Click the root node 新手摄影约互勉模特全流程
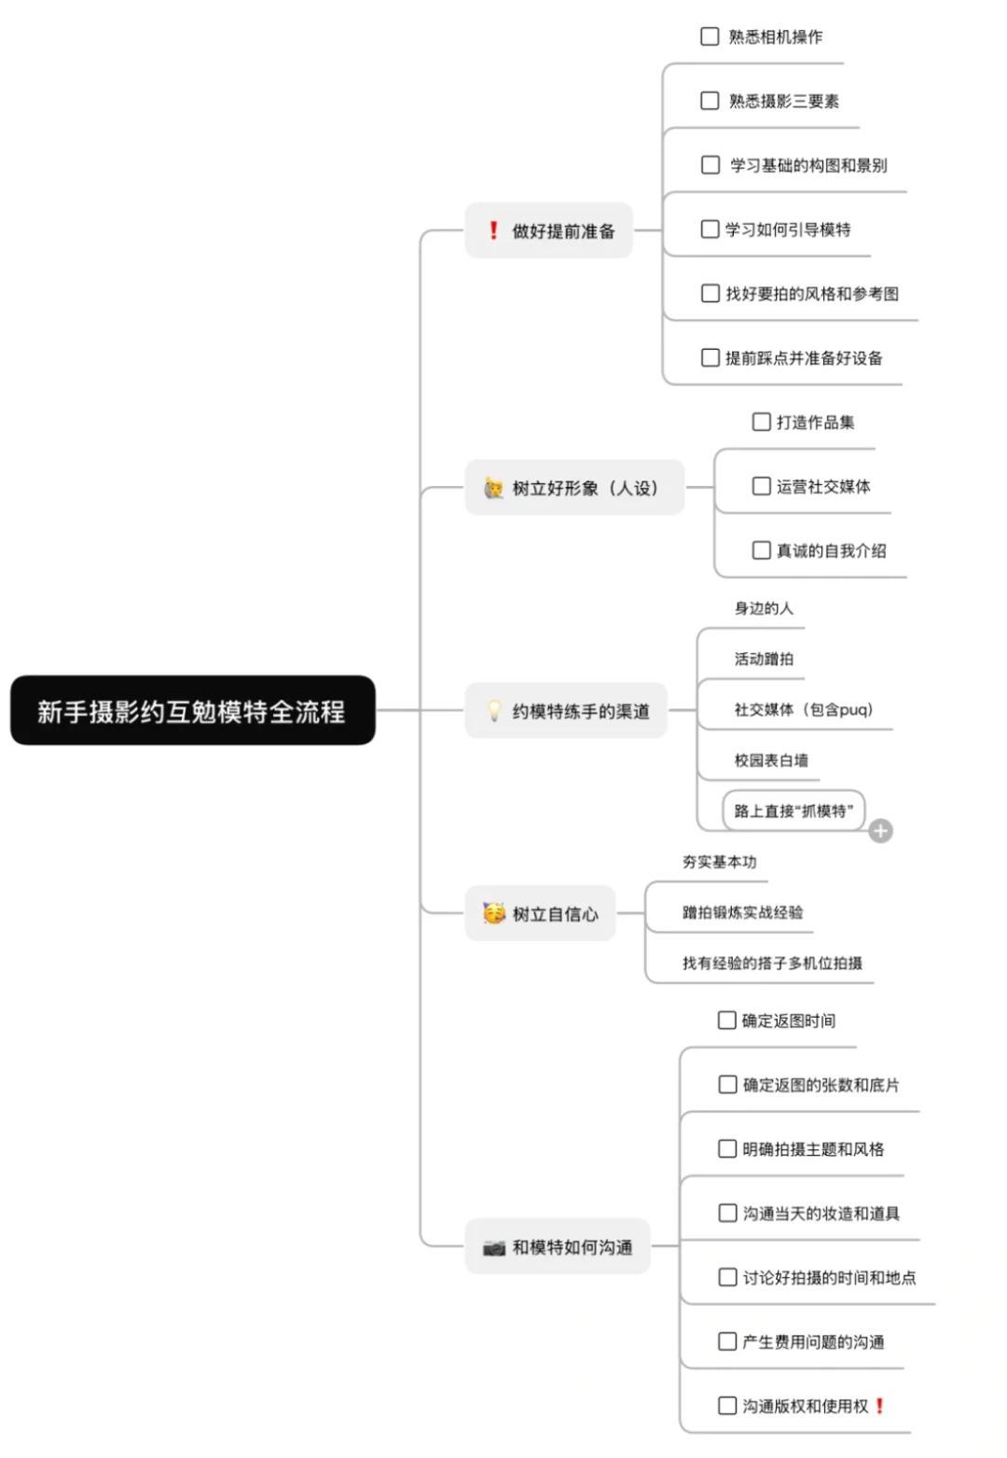coord(192,711)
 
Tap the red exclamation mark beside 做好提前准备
coord(493,230)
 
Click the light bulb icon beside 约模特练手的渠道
coord(494,711)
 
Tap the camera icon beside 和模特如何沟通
coord(494,1247)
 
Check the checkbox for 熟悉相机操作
coord(710,36)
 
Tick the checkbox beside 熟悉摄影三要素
coord(710,101)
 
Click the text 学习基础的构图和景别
coord(808,165)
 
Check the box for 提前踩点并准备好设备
coord(710,357)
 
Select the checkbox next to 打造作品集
coord(761,422)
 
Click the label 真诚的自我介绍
coord(831,550)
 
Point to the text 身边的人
coord(764,608)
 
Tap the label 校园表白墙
coord(771,760)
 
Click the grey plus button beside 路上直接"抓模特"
coord(880,830)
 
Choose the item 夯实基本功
coord(719,862)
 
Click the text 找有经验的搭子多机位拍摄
coord(772,963)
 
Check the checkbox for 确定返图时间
coord(727,1021)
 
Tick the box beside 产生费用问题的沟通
coord(727,1341)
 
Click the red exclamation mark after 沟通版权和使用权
coord(879,1406)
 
